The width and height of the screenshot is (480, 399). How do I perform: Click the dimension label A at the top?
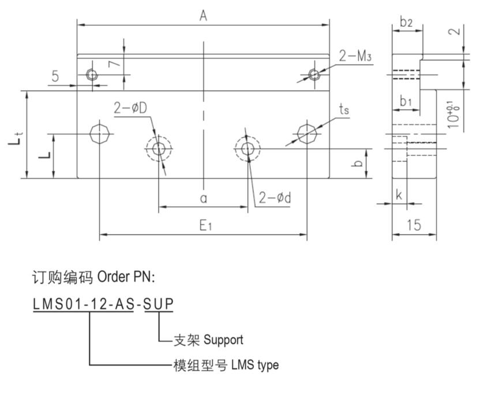(x=203, y=16)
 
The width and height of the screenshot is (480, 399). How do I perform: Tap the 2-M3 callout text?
(x=355, y=56)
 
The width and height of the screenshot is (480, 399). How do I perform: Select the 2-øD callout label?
(x=130, y=107)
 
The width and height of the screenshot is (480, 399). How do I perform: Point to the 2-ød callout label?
(x=275, y=198)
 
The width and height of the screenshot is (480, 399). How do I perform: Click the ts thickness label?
(x=344, y=110)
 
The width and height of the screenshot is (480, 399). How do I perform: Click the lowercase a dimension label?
(x=203, y=198)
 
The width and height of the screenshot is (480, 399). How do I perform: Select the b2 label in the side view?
(x=406, y=22)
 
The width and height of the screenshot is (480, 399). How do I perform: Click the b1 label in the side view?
(x=406, y=102)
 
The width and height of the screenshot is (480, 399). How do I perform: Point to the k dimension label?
(x=399, y=195)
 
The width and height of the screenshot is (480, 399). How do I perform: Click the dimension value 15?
(x=414, y=225)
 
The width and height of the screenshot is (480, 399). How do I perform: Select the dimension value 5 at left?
(x=55, y=76)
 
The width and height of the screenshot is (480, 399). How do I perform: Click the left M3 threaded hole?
(x=91, y=74)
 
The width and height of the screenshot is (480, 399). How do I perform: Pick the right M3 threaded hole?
(x=314, y=74)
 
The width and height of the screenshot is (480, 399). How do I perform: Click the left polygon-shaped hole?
(x=99, y=134)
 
